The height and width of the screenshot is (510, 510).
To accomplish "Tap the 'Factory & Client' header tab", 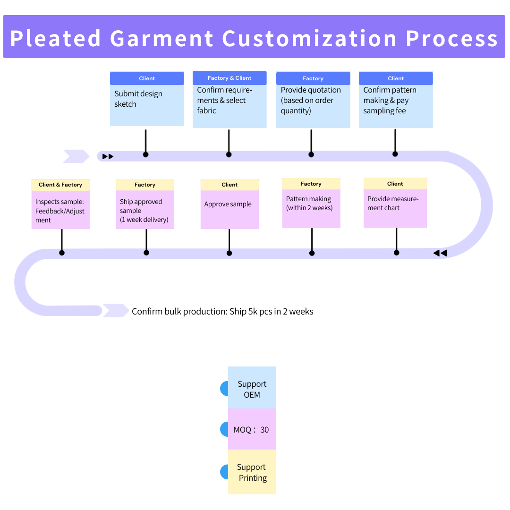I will coord(229,78).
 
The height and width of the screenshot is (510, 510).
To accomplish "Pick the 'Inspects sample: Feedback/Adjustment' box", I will coord(60,210).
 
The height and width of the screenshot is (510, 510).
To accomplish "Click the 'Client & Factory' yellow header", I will coord(60,185).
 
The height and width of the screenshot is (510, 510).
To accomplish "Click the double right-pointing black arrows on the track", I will coord(108,156).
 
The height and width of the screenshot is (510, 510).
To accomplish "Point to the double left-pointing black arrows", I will coord(440,254).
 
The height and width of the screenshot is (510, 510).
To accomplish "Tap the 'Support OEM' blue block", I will coord(252,389).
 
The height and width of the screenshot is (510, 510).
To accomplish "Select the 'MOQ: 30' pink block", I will coord(252,430).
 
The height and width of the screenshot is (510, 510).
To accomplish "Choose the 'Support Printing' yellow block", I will coord(252,472).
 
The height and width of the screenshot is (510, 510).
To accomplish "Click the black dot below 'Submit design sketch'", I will coord(145,154).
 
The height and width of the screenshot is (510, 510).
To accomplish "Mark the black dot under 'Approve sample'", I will coord(229,253).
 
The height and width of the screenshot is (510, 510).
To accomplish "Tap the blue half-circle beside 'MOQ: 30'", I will coord(224,429).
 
